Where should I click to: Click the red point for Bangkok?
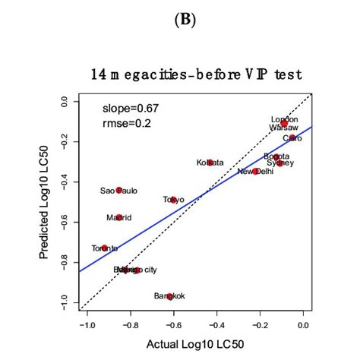coord(170,296)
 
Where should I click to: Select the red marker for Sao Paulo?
coord(119,190)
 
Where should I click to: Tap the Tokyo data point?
coord(174,200)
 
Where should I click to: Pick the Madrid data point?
coord(119,217)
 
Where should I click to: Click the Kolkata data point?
coord(210,163)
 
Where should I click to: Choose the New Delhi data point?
coord(256,172)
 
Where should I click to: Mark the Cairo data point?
coord(293,138)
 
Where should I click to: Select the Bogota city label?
coord(276,156)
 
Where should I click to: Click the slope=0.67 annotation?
coord(130,108)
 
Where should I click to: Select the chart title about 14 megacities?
coord(197,74)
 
